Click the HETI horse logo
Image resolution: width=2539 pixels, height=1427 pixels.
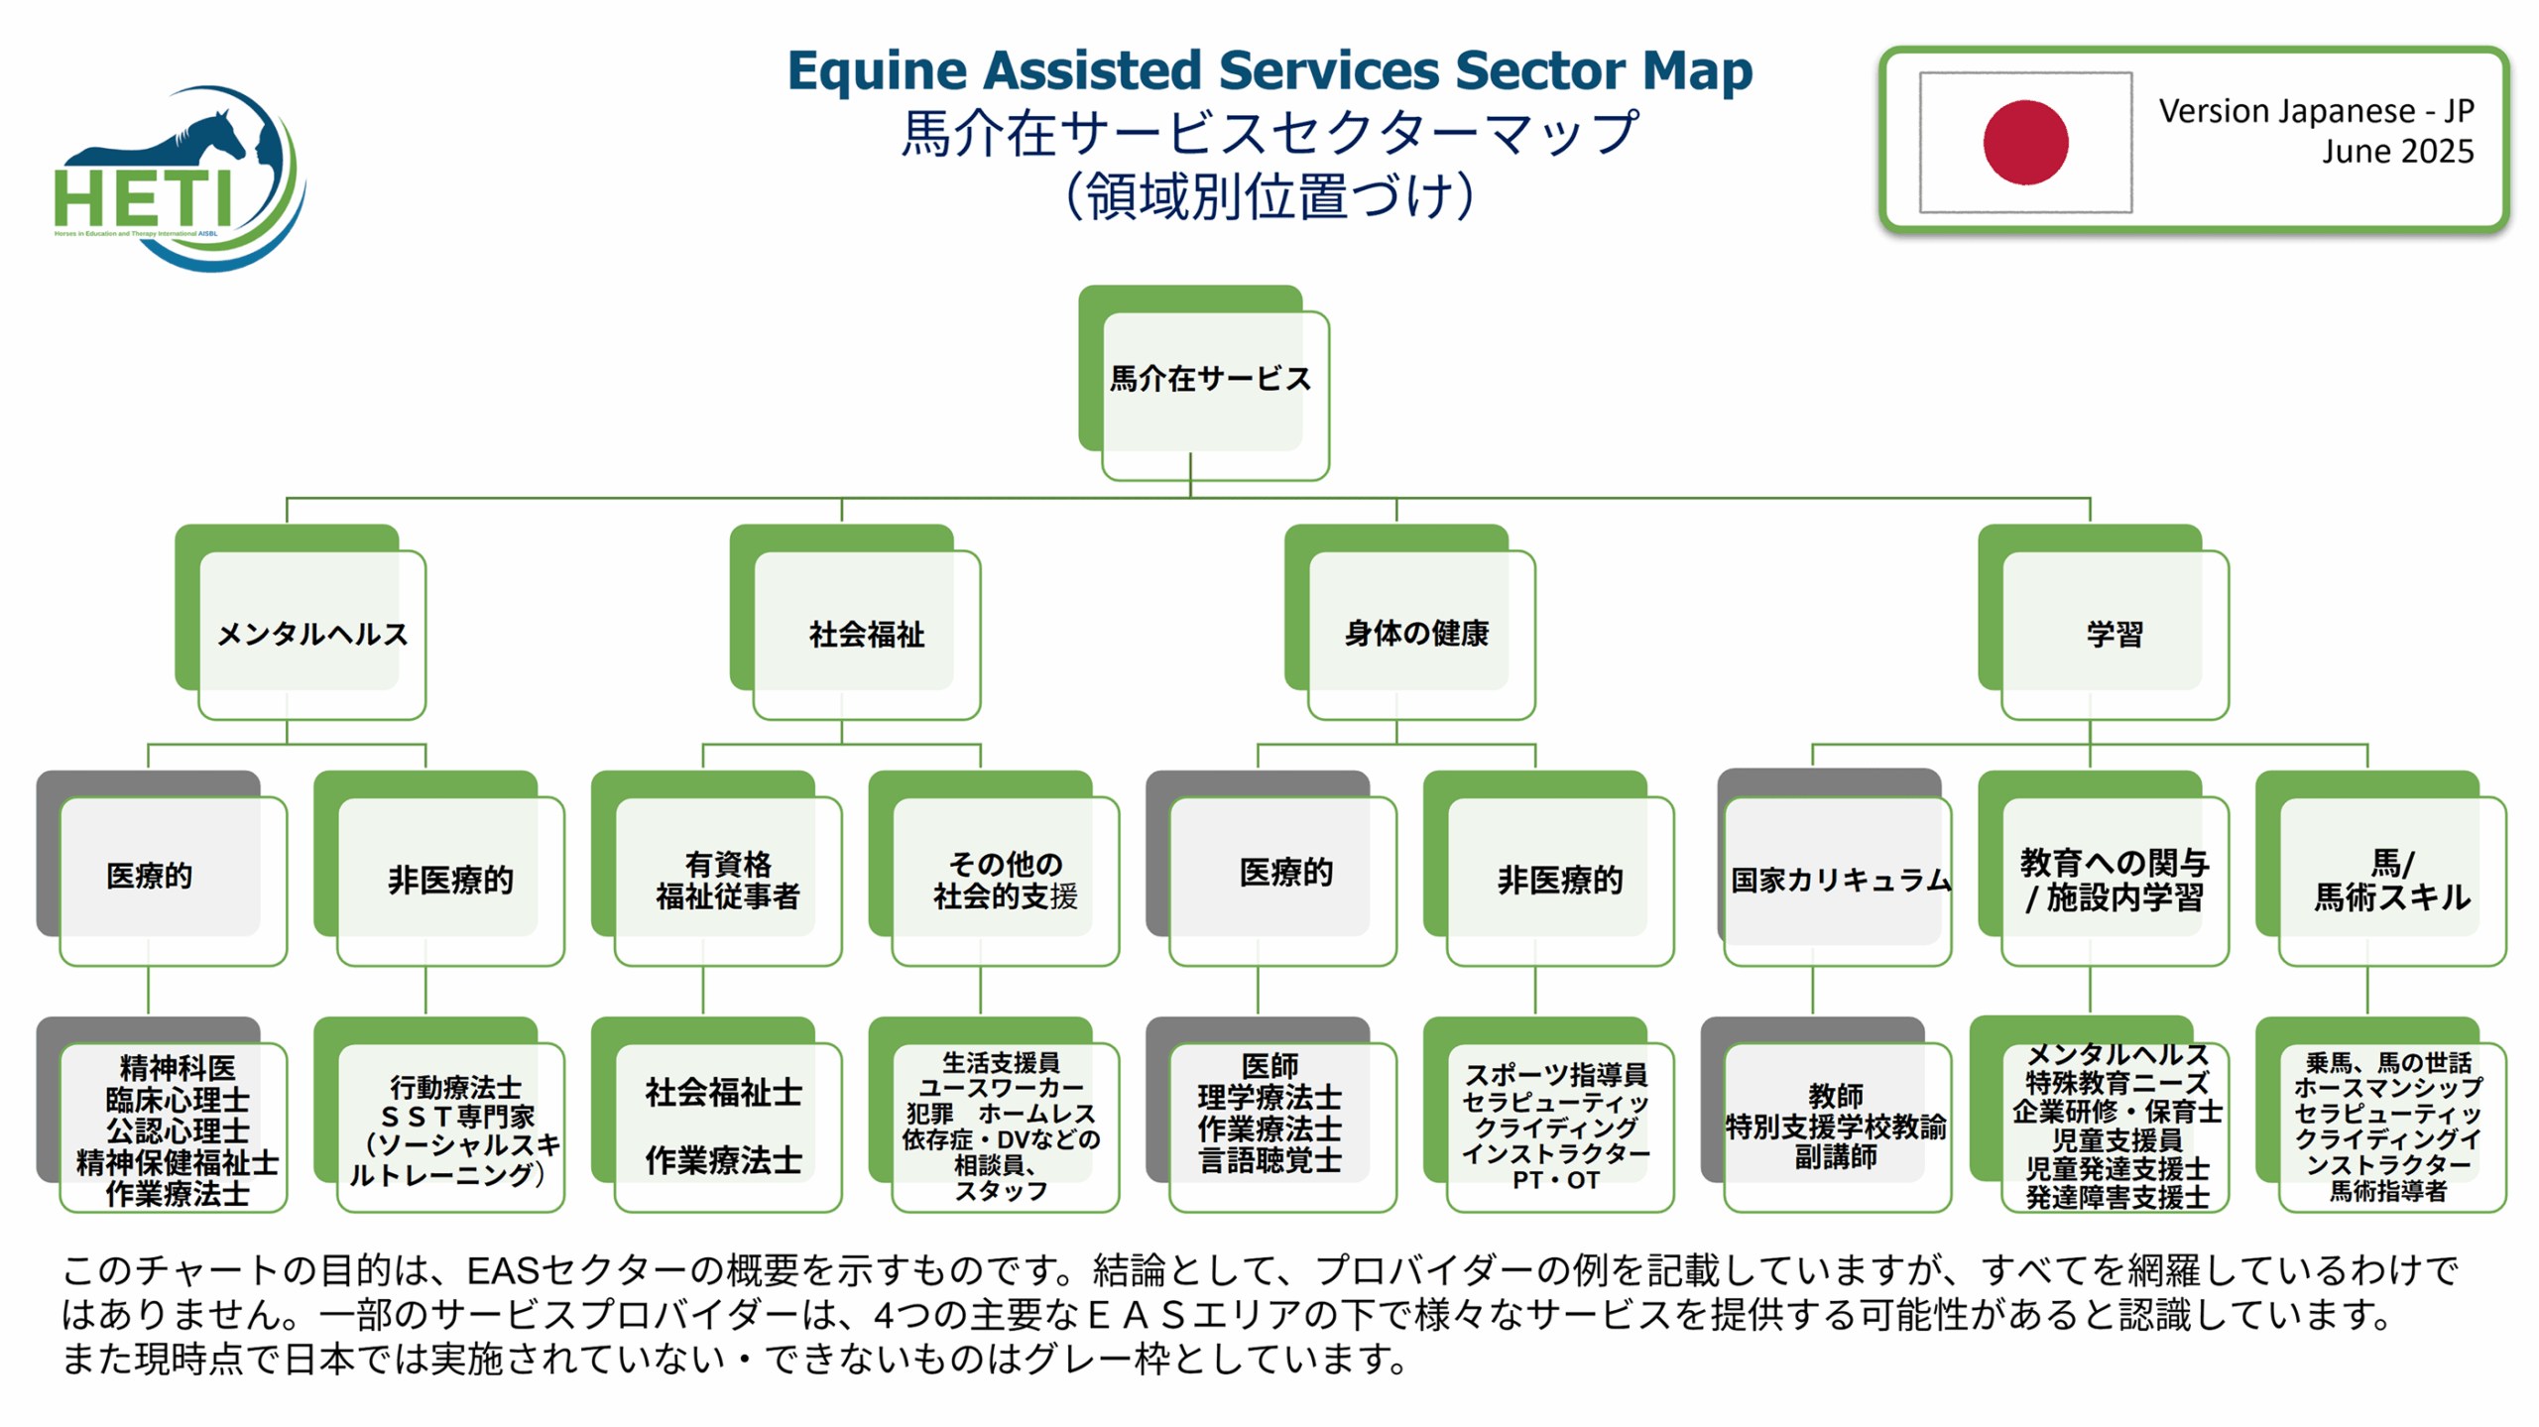(179, 178)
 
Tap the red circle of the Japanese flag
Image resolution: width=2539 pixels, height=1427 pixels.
(2024, 142)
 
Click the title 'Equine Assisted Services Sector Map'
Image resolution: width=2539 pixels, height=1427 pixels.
(1269, 71)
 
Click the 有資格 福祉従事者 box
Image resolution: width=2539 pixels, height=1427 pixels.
(727, 880)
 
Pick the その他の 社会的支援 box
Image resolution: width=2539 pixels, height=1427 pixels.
(1004, 880)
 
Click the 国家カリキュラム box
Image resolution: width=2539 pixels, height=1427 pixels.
(1837, 880)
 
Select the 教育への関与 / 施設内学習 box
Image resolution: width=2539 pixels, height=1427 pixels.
(2114, 880)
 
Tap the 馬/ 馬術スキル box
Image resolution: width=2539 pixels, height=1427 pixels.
(2391, 880)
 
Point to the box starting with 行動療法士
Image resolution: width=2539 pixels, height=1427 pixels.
(451, 1129)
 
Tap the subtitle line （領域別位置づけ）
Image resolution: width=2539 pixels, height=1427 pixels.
(1269, 196)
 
